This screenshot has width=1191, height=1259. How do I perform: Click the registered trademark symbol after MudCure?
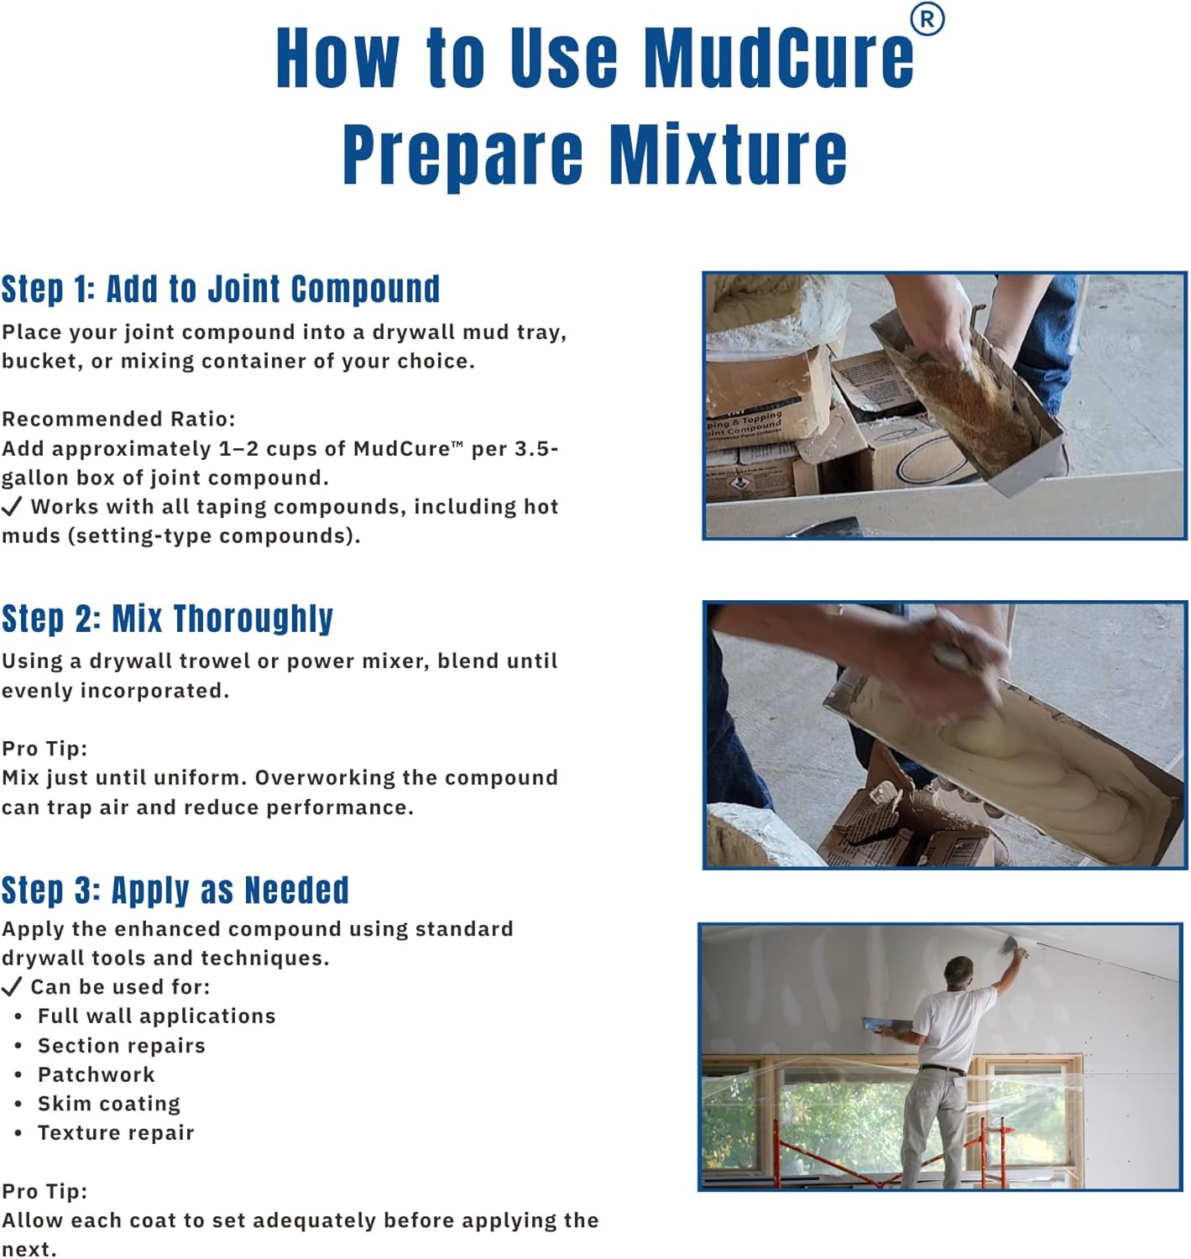(927, 19)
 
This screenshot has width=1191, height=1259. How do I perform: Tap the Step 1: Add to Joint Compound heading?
(220, 288)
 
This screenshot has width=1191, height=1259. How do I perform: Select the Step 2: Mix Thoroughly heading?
(167, 618)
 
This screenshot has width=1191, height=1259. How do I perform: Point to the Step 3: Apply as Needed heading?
(175, 890)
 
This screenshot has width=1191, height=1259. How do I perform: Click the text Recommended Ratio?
(118, 419)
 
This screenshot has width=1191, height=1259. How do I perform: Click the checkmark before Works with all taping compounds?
(12, 507)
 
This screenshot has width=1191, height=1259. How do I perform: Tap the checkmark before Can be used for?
(12, 986)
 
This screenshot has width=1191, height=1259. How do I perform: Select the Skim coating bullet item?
(109, 1104)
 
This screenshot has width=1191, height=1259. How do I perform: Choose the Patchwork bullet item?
(96, 1074)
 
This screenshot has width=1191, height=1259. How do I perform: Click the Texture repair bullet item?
(116, 1133)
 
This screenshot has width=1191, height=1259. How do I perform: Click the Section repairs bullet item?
(122, 1045)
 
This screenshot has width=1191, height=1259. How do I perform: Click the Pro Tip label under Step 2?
(44, 748)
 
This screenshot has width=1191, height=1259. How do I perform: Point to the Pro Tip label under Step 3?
(44, 1191)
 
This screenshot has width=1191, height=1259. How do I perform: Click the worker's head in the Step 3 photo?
(959, 972)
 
